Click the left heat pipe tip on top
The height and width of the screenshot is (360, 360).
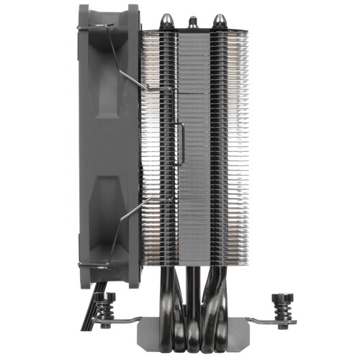(166, 20)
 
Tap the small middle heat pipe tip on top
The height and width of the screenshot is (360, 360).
(192, 22)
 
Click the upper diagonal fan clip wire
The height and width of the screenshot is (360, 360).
(130, 58)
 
